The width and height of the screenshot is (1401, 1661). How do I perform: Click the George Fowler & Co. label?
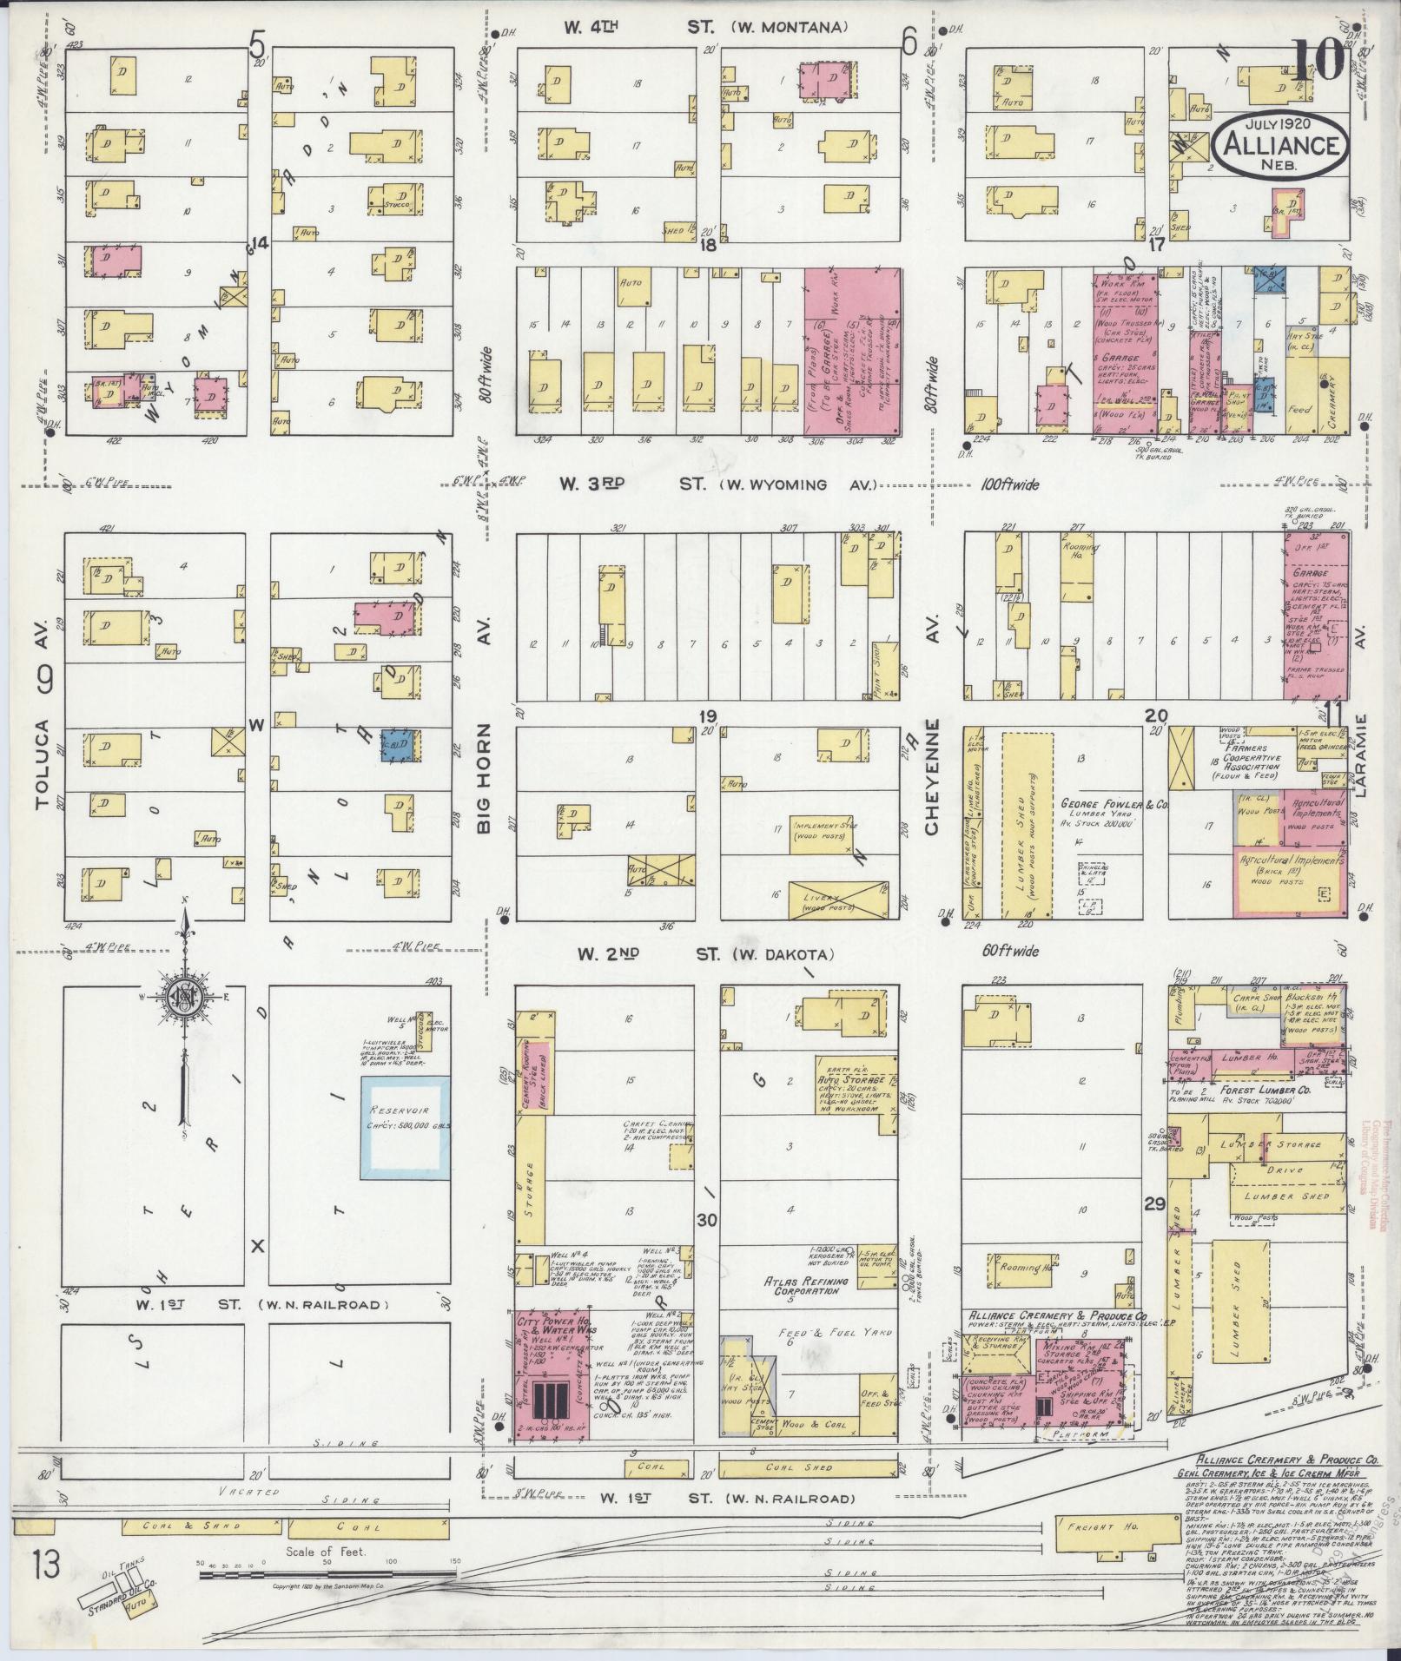(x=1114, y=805)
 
